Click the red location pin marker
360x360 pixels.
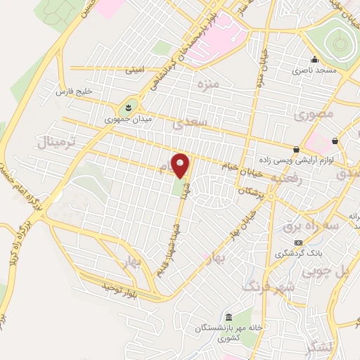coord(181,166)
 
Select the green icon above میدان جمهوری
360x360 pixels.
coord(129,106)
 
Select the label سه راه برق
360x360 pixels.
coord(302,226)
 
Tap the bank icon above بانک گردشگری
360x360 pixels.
coord(298,242)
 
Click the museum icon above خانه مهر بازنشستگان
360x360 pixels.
coord(229,316)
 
